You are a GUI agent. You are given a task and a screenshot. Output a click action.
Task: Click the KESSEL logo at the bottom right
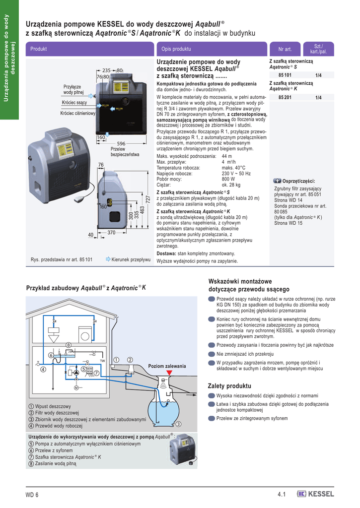[315, 493]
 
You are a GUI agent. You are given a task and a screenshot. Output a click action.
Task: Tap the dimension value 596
[121, 144]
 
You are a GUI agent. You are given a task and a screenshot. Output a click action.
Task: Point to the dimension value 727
[147, 198]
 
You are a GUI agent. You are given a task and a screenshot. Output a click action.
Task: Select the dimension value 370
[111, 233]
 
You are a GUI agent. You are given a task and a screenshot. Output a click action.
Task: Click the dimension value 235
[106, 70]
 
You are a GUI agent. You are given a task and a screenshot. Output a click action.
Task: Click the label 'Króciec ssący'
[74, 103]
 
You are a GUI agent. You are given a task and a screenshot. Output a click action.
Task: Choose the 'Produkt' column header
[38, 49]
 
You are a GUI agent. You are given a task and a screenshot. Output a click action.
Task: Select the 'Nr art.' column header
[285, 49]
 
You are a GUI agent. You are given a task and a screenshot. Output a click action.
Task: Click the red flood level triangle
[169, 372]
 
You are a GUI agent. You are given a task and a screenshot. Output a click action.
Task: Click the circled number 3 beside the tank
[177, 423]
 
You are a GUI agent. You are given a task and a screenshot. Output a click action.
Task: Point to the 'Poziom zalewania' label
[167, 366]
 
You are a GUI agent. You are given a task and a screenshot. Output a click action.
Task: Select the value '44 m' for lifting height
[227, 156]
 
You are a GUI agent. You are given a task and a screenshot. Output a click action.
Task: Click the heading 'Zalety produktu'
[230, 386]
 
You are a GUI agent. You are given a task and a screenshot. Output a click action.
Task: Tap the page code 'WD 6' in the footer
[32, 494]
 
